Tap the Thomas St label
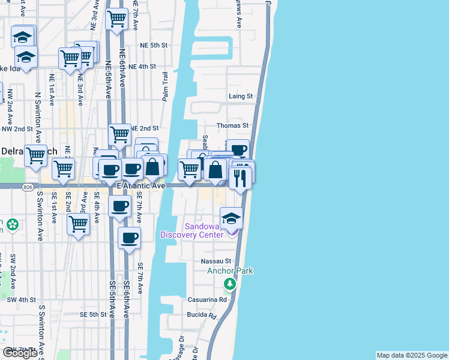(x=232, y=125)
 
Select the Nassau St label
(x=216, y=261)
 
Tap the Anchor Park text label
(x=230, y=271)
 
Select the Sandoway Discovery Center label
(x=191, y=230)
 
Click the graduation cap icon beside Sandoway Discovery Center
(x=231, y=219)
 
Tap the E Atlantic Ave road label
(x=141, y=187)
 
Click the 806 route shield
(x=29, y=188)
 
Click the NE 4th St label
(x=142, y=67)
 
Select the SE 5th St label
(x=93, y=314)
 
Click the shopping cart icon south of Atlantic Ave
(x=79, y=224)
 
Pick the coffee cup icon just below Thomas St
(x=238, y=150)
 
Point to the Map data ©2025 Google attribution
(x=412, y=355)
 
